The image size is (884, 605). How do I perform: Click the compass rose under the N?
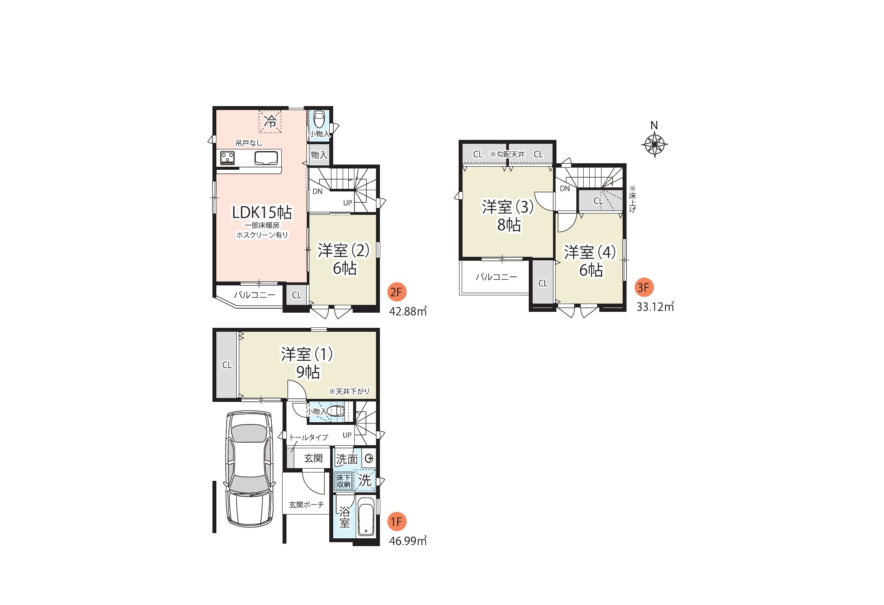tap(654, 144)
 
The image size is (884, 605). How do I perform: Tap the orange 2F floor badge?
tap(396, 292)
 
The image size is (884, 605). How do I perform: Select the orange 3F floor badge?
tap(644, 288)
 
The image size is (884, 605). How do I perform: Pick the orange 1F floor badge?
tap(396, 522)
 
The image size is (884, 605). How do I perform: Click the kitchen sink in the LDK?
tap(266, 158)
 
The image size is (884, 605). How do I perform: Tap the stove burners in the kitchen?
tap(228, 158)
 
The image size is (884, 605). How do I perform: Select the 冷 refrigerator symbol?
tap(270, 121)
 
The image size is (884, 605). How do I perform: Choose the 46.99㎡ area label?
tap(408, 541)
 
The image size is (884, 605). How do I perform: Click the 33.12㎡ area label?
tap(655, 307)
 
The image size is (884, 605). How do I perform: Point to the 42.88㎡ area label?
tap(408, 311)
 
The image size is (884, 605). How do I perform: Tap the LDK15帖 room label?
tap(262, 212)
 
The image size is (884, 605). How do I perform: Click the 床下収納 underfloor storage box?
tap(344, 481)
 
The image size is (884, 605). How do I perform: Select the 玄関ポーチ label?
tap(306, 505)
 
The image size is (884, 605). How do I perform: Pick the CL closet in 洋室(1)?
tap(227, 365)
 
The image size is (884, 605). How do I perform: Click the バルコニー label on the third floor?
tap(496, 277)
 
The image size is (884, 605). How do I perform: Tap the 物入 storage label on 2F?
tap(319, 155)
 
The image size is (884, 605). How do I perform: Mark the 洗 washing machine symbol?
tap(365, 480)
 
